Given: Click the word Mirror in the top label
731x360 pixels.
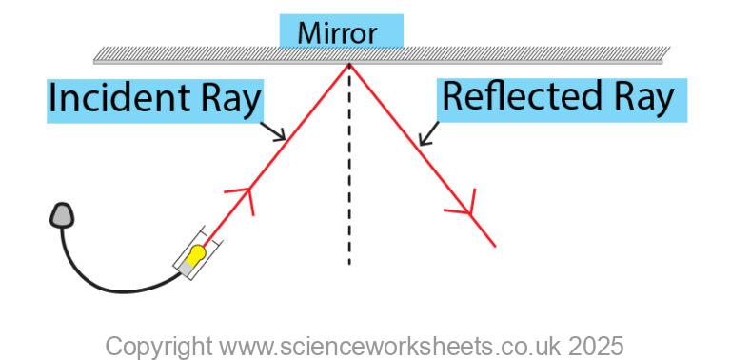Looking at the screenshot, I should coord(337,33).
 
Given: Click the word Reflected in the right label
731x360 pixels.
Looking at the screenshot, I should coord(515,97).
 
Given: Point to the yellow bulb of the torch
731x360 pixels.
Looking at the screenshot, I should coord(195,255).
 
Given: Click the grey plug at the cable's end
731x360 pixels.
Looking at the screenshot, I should coord(63,214).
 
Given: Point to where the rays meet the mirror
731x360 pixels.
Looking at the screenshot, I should coord(349,65).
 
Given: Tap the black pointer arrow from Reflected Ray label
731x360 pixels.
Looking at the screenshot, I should coord(428,134).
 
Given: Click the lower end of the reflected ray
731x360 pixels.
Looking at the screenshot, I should coord(494,245).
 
